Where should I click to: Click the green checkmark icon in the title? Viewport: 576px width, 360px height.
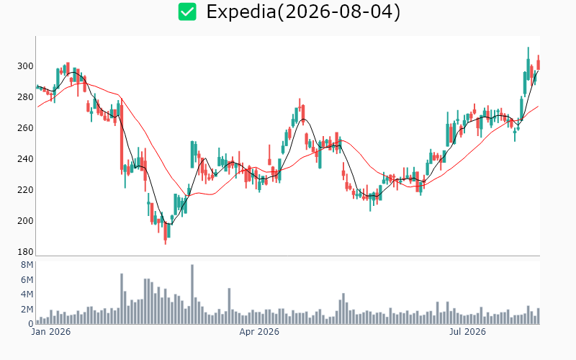coord(187,12)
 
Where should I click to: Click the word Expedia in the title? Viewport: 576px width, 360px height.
coord(240,12)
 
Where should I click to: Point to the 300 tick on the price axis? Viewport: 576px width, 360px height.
coord(25,66)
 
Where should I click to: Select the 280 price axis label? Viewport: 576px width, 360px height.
coord(25,97)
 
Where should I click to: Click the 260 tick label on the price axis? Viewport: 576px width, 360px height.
coord(25,128)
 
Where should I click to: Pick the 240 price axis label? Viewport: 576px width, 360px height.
coord(25,158)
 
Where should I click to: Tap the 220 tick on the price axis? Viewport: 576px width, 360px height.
coord(25,190)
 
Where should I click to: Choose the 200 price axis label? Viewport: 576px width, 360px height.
coord(25,221)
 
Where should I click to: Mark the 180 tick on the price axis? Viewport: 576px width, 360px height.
coord(25,251)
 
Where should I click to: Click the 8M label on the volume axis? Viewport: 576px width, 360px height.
coord(27,265)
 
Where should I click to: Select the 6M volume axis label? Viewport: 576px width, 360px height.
coord(27,280)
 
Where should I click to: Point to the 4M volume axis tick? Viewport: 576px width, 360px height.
coord(27,294)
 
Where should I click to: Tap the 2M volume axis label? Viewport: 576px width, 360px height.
coord(27,310)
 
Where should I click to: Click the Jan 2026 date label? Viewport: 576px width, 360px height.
coord(51,332)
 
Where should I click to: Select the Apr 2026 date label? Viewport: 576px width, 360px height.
coord(259,332)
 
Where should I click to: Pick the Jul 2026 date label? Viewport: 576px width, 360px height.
coord(467,332)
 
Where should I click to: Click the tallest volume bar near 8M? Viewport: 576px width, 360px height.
coord(192,294)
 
